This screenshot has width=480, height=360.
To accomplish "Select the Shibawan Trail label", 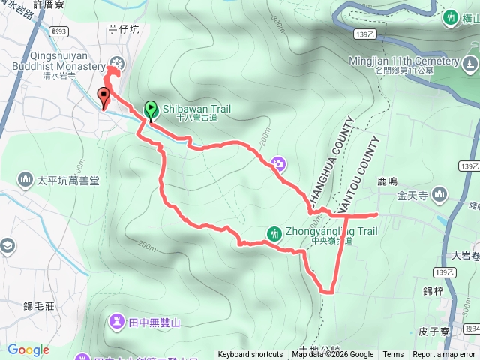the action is (x=196, y=109).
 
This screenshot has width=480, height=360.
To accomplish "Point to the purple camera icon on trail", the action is (x=278, y=163).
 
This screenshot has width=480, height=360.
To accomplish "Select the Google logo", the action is (x=28, y=349).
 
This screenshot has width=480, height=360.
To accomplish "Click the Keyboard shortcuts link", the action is (x=250, y=355).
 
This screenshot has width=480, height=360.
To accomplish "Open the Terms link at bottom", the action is (x=393, y=355).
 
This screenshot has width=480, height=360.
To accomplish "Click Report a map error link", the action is (x=444, y=355).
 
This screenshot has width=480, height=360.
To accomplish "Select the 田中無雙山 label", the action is (x=155, y=322).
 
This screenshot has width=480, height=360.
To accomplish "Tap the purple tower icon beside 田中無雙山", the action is (x=118, y=322).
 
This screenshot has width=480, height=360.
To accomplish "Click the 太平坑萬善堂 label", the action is (x=64, y=181).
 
